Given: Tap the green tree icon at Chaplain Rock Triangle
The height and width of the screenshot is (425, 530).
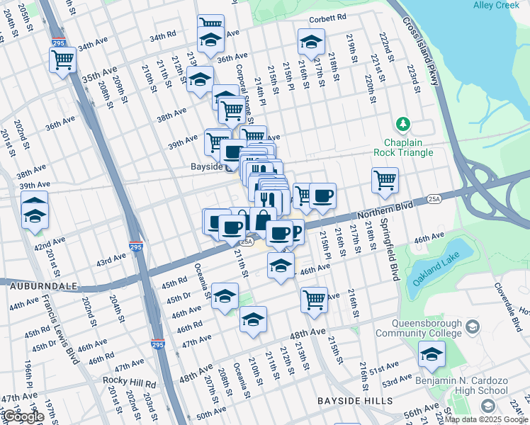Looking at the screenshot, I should pyautogui.click(x=403, y=125).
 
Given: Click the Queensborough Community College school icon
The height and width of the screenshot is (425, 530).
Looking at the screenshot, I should pyautogui.click(x=473, y=325).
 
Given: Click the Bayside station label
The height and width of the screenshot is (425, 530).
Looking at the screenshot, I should pyautogui.click(x=207, y=167).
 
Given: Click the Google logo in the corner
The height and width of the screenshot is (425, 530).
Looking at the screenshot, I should pyautogui.click(x=23, y=416).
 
